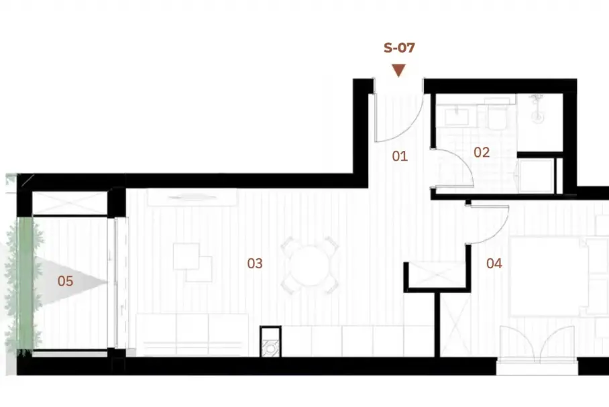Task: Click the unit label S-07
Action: tap(399, 48)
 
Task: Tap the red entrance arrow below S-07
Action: tap(399, 70)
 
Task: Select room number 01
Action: tap(400, 156)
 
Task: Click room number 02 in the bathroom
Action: tap(482, 152)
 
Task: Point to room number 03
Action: tap(255, 264)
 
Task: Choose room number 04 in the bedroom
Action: tap(494, 264)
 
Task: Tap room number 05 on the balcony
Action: tap(65, 281)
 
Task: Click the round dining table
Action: tap(310, 266)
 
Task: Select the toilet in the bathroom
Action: tap(496, 117)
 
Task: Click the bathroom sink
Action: tap(456, 116)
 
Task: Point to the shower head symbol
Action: tap(537, 109)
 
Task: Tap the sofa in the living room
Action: tap(192, 335)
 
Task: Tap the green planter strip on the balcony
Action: tap(25, 284)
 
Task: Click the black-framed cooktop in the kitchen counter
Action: tap(271, 341)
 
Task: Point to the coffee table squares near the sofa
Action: tap(192, 263)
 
